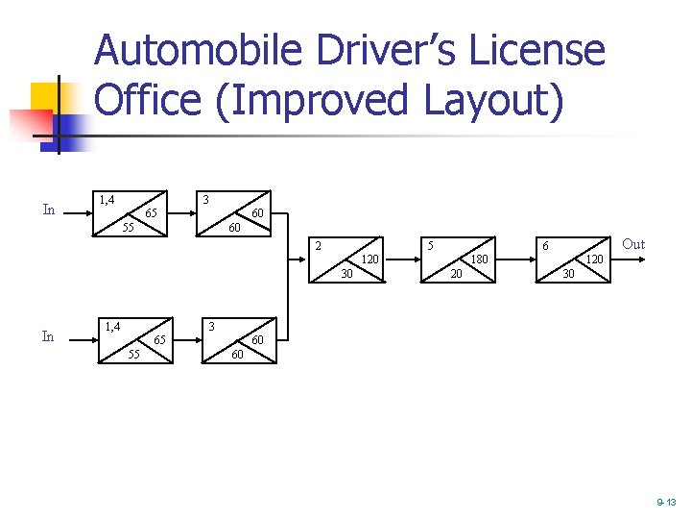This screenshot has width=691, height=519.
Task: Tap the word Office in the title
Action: [148, 100]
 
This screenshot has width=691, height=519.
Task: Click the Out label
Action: [633, 244]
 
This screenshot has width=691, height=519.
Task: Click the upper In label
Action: [49, 210]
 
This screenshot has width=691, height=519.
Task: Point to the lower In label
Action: [48, 336]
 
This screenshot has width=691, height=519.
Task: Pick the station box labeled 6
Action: [573, 259]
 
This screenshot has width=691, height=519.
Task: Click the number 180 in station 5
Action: [479, 259]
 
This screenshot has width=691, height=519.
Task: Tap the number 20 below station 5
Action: [458, 275]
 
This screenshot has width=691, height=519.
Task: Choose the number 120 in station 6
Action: [594, 259]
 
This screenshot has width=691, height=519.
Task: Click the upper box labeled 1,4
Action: [130, 211]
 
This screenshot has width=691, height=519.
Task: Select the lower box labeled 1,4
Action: [134, 339]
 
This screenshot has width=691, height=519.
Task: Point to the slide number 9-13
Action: [666, 503]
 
